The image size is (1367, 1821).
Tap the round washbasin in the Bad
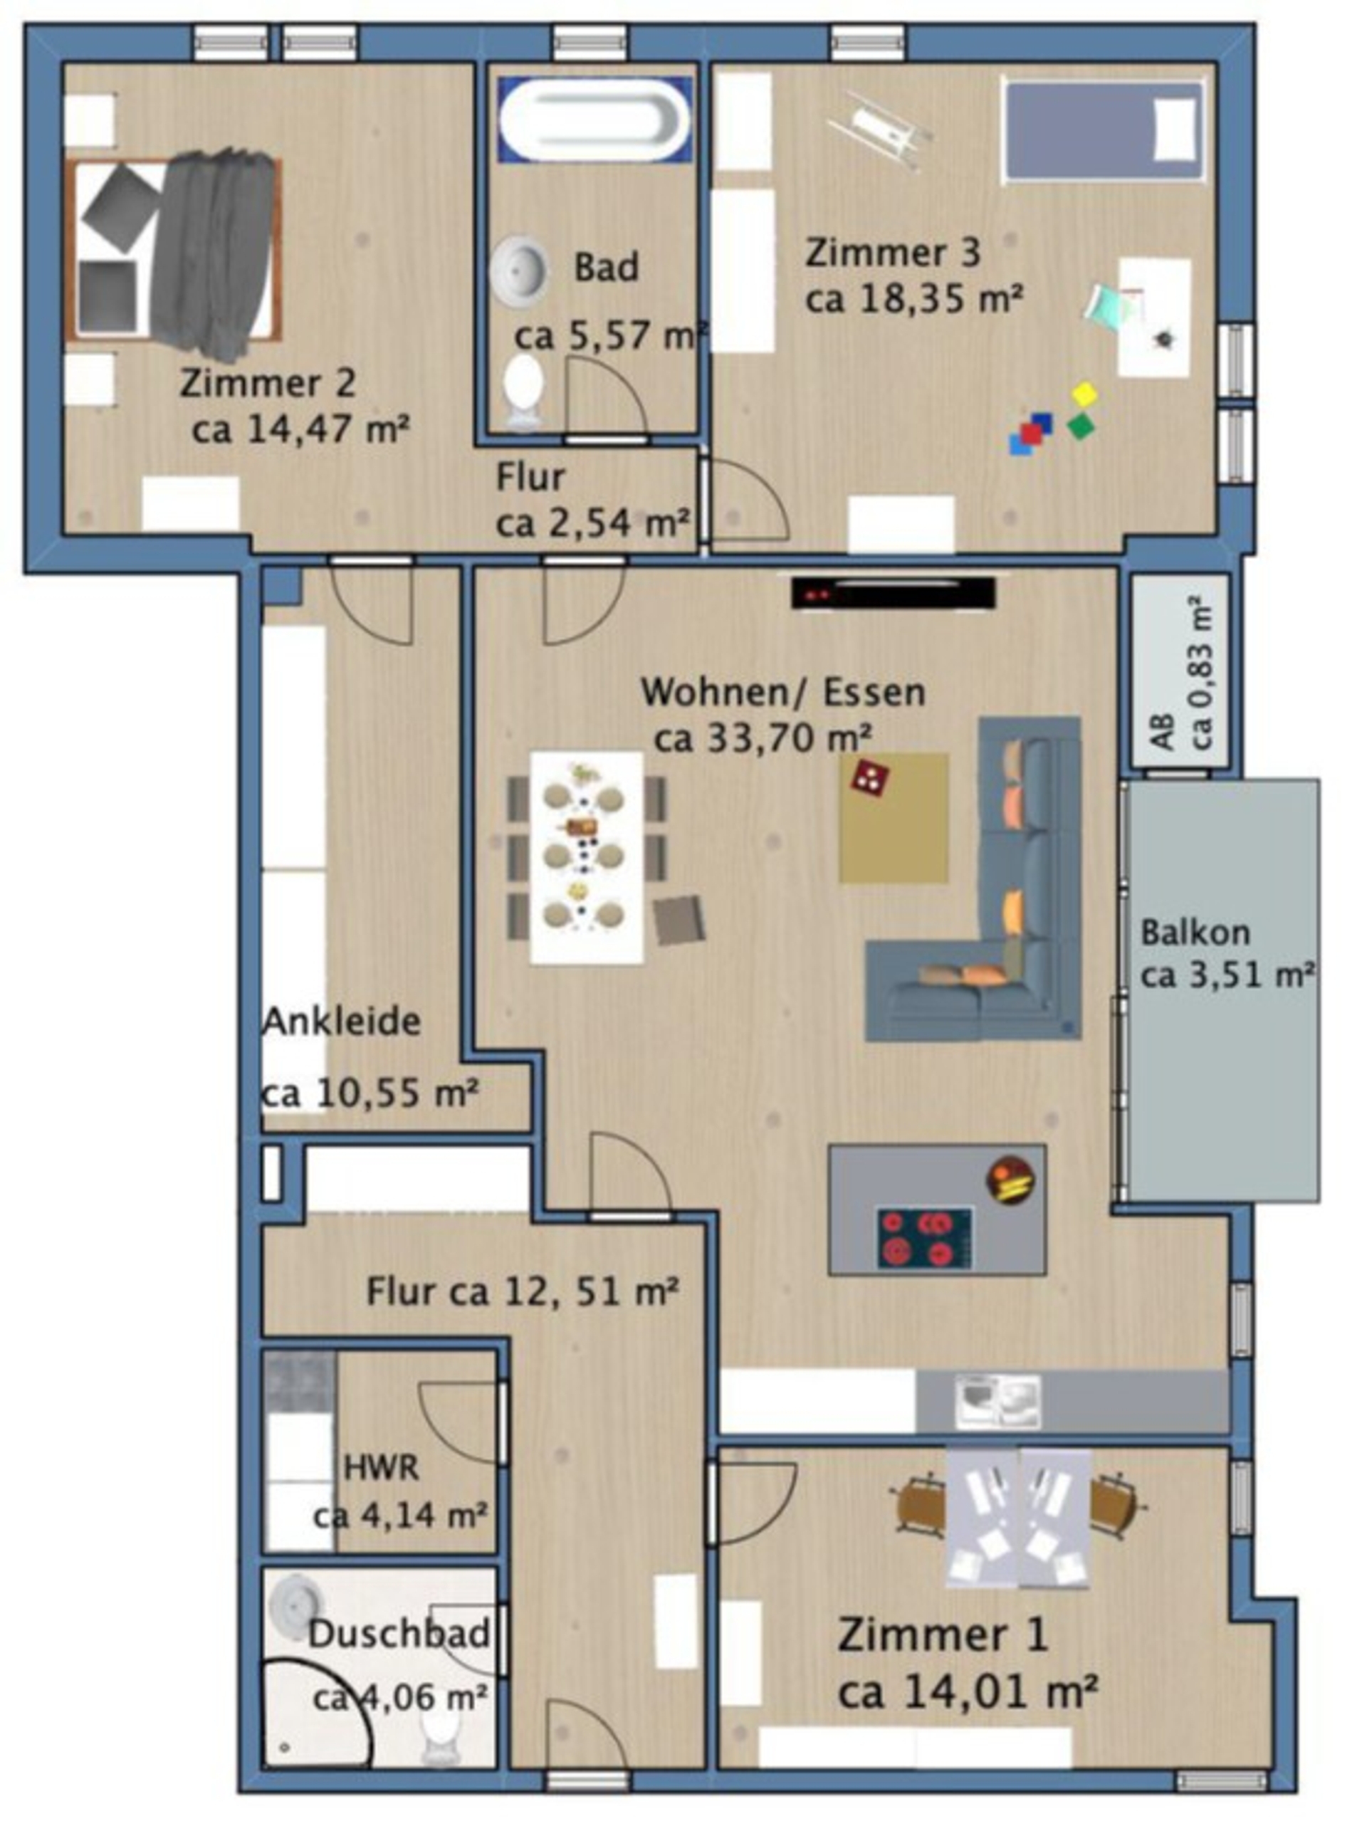click(519, 268)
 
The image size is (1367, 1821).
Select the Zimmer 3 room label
click(894, 253)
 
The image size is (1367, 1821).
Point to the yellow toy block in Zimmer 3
click(1084, 394)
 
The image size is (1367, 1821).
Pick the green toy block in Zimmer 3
click(1080, 426)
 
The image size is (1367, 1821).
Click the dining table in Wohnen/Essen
click(587, 857)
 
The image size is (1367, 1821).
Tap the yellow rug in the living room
click(894, 817)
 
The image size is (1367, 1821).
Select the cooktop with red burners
click(925, 1238)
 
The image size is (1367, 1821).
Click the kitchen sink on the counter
click(997, 1401)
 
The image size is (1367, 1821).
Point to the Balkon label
click(1195, 933)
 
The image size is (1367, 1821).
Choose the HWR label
click(380, 1467)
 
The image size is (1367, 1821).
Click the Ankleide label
click(341, 1022)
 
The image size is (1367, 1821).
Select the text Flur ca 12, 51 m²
click(522, 1291)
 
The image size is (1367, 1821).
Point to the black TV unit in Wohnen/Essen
click(894, 593)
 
